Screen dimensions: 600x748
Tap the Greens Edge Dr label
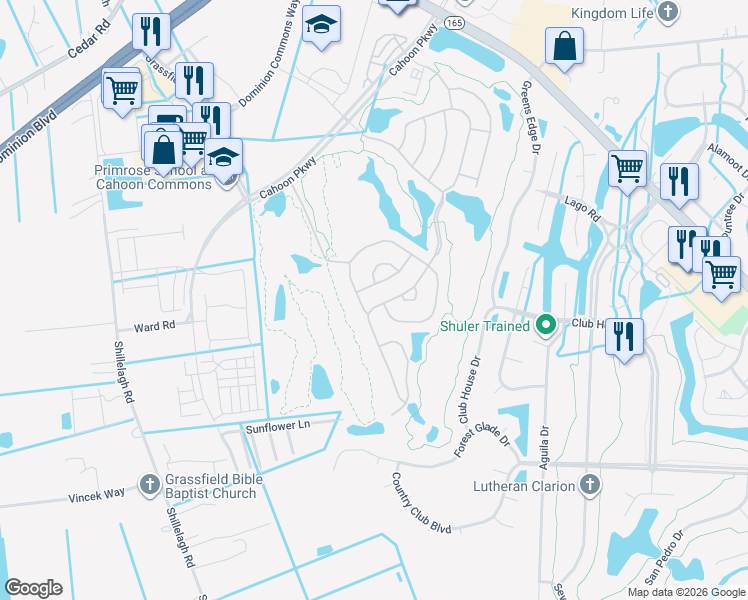pos(529,119)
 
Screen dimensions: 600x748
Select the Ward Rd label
pos(155,326)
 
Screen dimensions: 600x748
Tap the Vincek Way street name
pos(96,494)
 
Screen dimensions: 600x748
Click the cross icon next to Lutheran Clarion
pos(590,486)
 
